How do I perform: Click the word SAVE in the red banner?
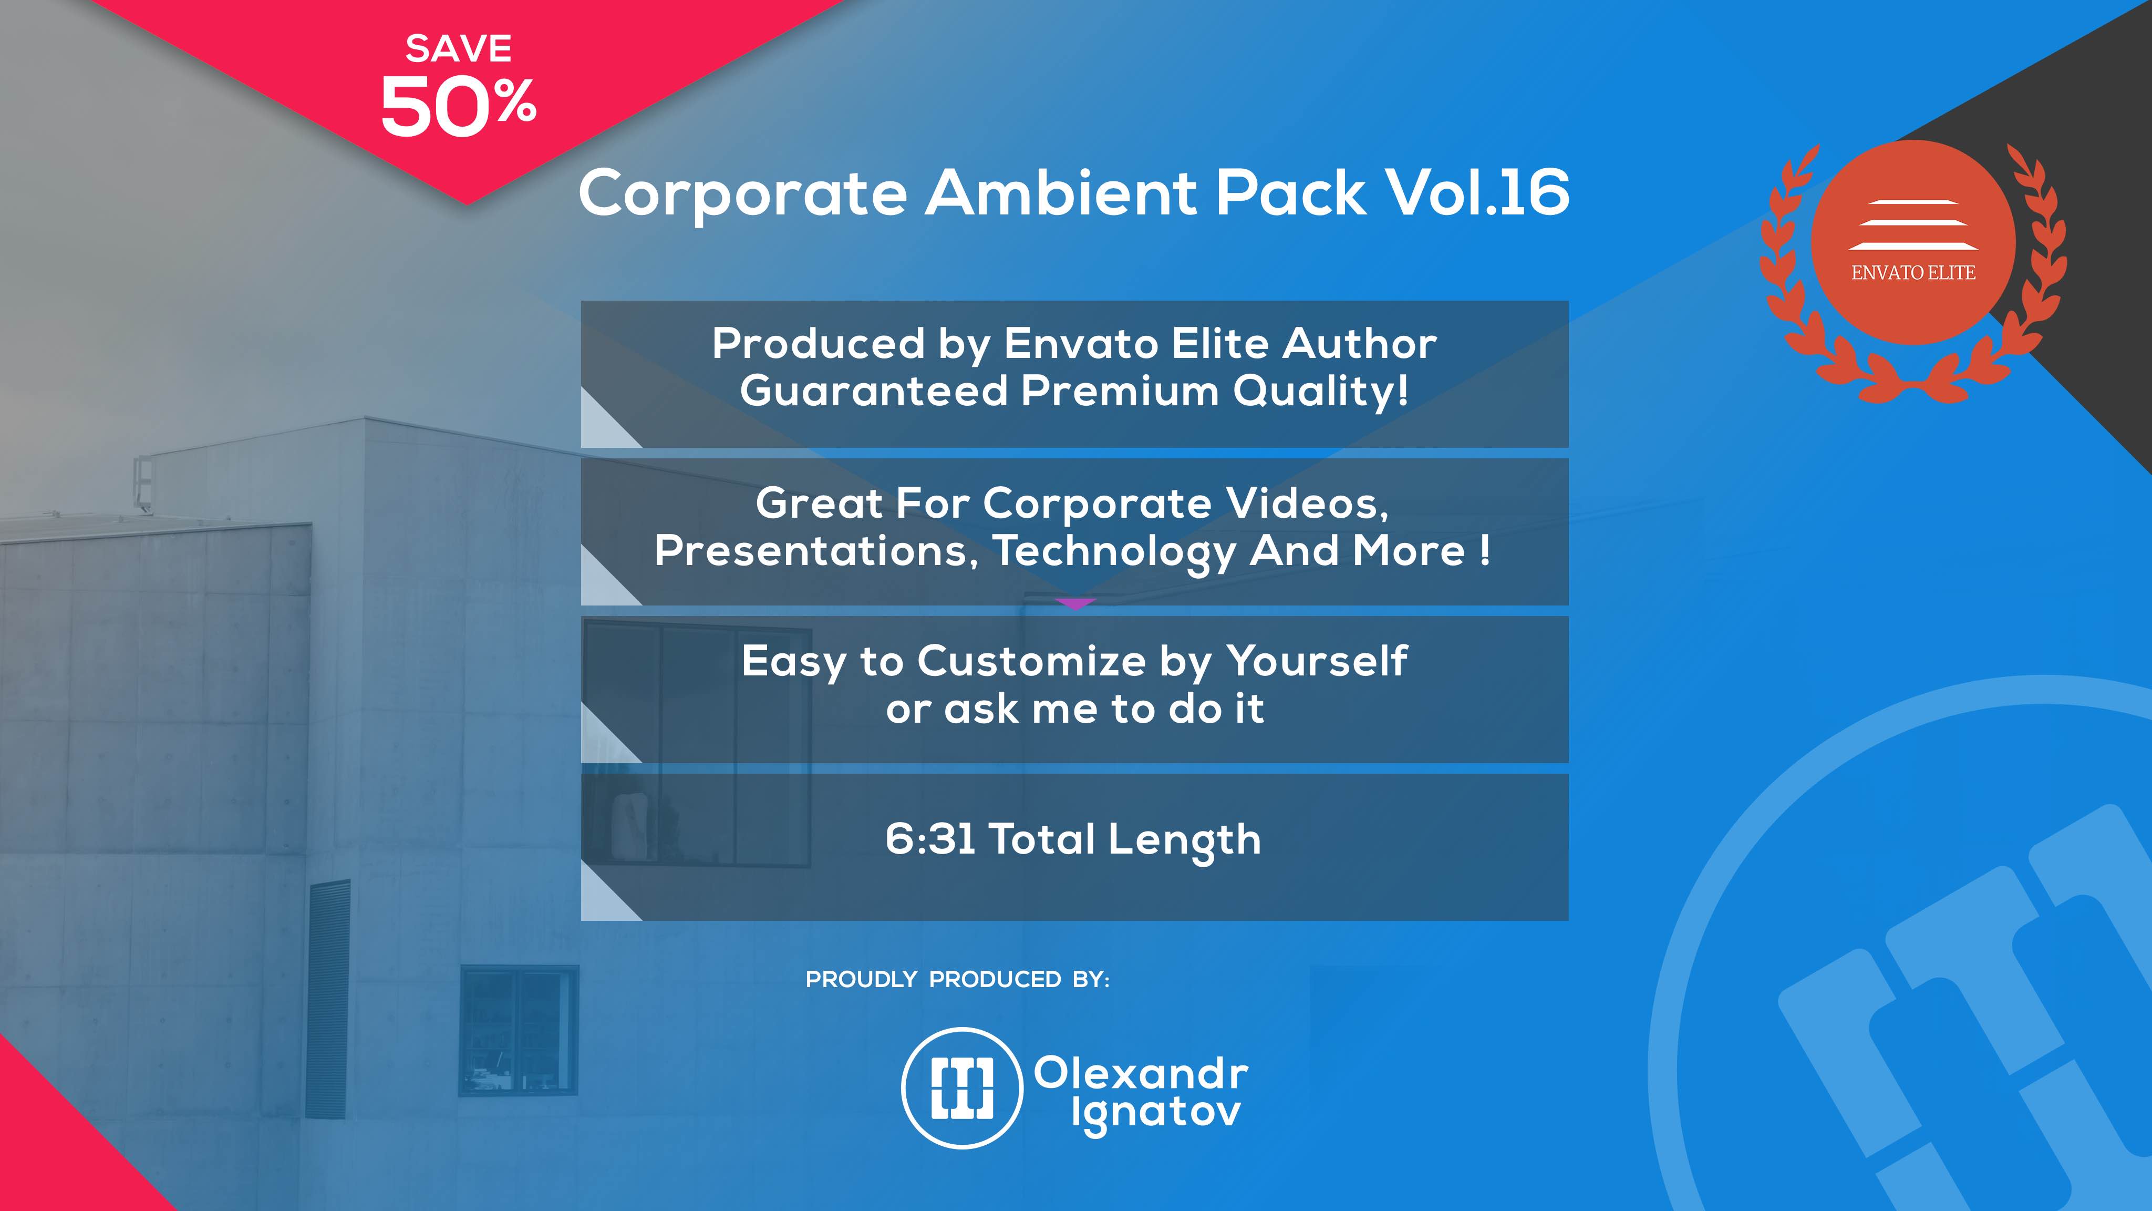pyautogui.click(x=459, y=48)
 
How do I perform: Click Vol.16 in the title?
pyautogui.click(x=1477, y=192)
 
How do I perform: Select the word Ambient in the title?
pyautogui.click(x=1063, y=192)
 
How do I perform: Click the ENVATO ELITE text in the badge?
pyautogui.click(x=1913, y=272)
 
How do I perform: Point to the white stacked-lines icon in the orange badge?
pyautogui.click(x=1913, y=225)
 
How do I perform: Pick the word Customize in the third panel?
pyautogui.click(x=1032, y=661)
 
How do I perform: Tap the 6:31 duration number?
pyautogui.click(x=930, y=839)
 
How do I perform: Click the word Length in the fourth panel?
pyautogui.click(x=1185, y=841)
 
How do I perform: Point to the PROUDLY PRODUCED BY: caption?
pyautogui.click(x=957, y=980)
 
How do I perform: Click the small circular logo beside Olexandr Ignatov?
pyautogui.click(x=963, y=1087)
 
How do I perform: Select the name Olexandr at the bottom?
pyautogui.click(x=1141, y=1073)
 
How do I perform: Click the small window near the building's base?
pyautogui.click(x=519, y=1031)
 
